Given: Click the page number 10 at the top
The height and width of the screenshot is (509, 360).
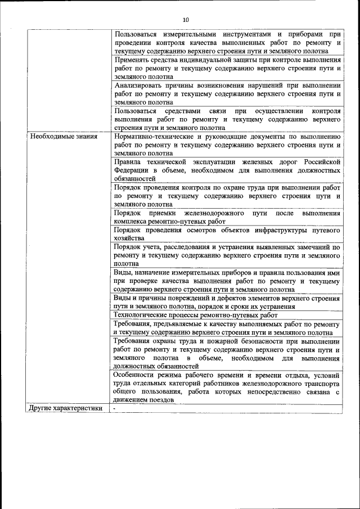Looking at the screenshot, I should point(185,20).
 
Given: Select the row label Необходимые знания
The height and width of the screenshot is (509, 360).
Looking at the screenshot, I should point(64,136).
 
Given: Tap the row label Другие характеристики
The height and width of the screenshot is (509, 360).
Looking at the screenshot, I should point(66,408).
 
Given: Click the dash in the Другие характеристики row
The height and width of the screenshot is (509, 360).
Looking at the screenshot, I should point(114,408).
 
